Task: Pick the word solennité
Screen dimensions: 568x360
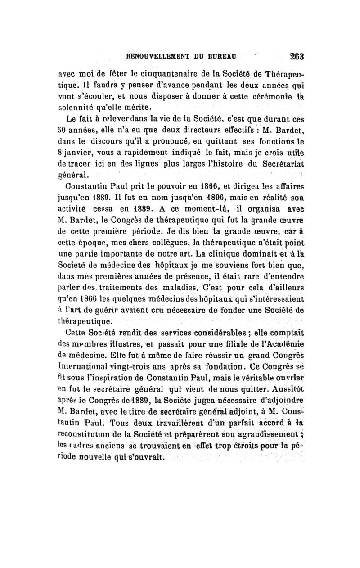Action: click(78, 108)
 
